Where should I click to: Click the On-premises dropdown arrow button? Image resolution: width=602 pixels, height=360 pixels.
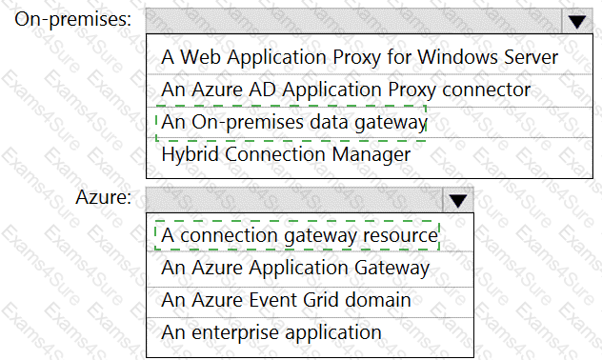pyautogui.click(x=577, y=21)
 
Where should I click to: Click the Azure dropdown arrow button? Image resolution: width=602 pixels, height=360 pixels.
pyautogui.click(x=457, y=200)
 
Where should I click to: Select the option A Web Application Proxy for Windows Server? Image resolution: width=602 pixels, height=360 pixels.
pyautogui.click(x=360, y=57)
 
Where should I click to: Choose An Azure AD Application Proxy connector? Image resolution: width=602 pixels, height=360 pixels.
pyautogui.click(x=346, y=90)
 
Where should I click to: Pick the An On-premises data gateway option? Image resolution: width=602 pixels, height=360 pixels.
pyautogui.click(x=293, y=123)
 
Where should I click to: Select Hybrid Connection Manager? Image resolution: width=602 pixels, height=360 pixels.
pyautogui.click(x=286, y=154)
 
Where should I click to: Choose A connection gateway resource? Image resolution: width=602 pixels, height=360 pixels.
pyautogui.click(x=299, y=235)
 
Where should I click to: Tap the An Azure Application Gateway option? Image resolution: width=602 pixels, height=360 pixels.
pyautogui.click(x=295, y=268)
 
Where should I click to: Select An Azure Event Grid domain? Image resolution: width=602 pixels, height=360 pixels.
pyautogui.click(x=286, y=300)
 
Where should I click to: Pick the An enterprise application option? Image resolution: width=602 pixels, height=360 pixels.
pyautogui.click(x=271, y=332)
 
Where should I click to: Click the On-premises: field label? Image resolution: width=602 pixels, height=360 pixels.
pyautogui.click(x=73, y=19)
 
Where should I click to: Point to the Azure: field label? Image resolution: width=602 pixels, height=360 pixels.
pyautogui.click(x=104, y=197)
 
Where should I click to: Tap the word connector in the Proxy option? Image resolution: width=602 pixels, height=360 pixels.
pyautogui.click(x=486, y=90)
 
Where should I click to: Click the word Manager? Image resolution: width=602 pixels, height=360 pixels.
pyautogui.click(x=371, y=155)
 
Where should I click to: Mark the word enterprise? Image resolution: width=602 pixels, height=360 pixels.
pyautogui.click(x=234, y=333)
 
